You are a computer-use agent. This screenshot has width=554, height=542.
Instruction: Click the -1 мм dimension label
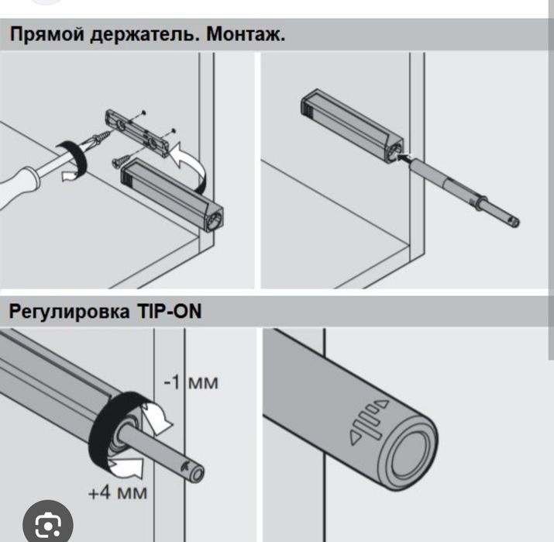pyautogui.click(x=191, y=381)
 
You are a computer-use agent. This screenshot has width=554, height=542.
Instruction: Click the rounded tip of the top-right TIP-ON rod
pyautogui.click(x=517, y=223)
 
